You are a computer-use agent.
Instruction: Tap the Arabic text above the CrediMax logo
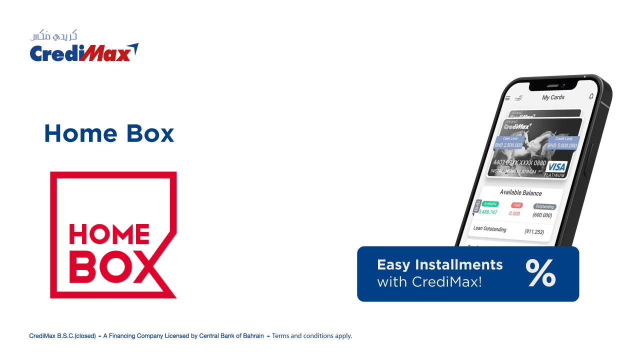tap(53, 35)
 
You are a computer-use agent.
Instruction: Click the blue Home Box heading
tap(109, 133)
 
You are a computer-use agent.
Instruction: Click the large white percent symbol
tap(540, 273)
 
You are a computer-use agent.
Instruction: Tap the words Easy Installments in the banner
tap(439, 264)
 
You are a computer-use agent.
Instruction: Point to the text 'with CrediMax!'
tap(429, 282)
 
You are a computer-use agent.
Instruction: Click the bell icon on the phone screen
tap(591, 96)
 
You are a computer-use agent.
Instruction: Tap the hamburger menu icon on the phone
tap(507, 98)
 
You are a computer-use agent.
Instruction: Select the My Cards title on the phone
tap(553, 97)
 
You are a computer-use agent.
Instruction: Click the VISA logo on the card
tap(555, 167)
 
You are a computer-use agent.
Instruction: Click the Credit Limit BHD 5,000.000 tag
tap(562, 142)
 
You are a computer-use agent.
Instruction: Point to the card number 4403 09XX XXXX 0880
tap(519, 163)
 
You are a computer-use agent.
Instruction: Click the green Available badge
tap(490, 203)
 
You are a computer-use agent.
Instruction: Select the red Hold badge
tap(516, 205)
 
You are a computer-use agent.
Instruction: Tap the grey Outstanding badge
tap(544, 206)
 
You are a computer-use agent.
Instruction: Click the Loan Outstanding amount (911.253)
tap(534, 232)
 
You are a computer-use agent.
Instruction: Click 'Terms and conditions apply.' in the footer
tap(312, 336)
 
